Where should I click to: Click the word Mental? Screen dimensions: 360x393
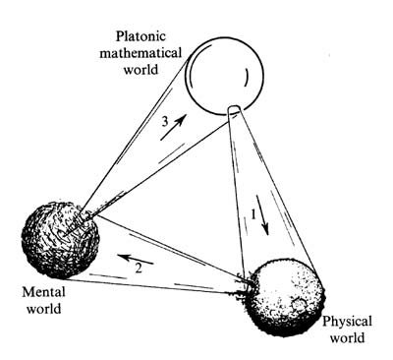click(x=42, y=292)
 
